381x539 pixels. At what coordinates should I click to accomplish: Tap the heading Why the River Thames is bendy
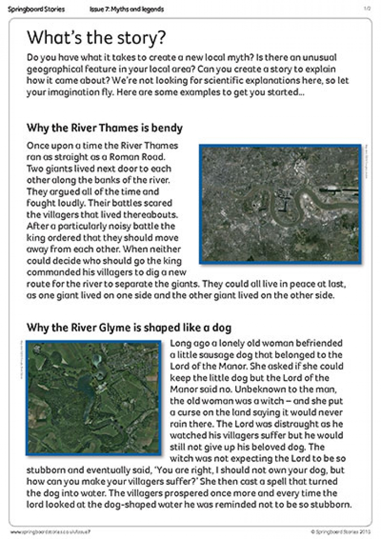click(104, 128)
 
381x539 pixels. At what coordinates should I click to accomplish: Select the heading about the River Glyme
click(129, 328)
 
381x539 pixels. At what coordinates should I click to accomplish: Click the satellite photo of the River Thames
click(281, 204)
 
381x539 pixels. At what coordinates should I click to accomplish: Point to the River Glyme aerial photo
click(93, 398)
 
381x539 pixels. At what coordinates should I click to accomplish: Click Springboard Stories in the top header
click(36, 9)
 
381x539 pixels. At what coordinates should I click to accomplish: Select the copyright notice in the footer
click(341, 531)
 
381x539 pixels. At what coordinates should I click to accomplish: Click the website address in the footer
click(50, 531)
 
